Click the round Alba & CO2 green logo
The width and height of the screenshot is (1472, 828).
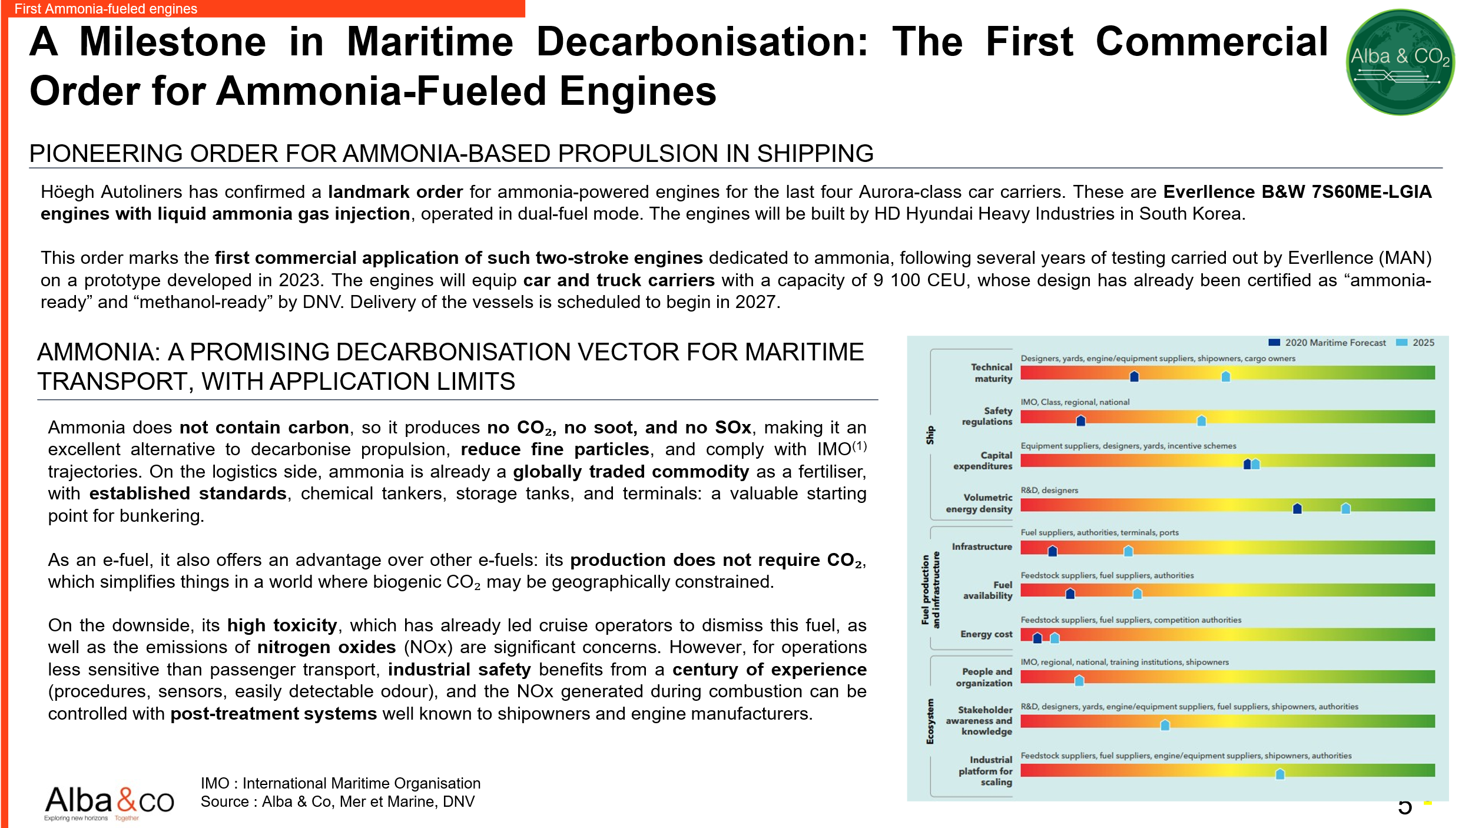pos(1400,62)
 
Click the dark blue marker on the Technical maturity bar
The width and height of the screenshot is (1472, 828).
pos(1134,376)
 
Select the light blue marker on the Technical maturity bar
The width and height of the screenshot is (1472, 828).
pos(1225,376)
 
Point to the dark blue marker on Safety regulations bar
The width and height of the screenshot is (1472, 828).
pos(1080,420)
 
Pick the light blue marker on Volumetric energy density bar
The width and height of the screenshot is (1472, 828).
pos(1345,508)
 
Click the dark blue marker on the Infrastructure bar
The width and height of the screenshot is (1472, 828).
pos(1052,551)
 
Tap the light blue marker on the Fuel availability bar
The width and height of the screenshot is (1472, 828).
pos(1137,593)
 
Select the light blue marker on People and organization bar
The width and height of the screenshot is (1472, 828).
pos(1079,680)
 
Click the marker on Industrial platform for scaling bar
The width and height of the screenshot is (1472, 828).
pos(1279,773)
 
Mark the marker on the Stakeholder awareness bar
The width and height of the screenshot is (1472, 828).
pos(1165,724)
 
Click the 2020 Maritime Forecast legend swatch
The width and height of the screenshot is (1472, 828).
pos(1274,342)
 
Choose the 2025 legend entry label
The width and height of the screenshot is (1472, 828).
pos(1423,343)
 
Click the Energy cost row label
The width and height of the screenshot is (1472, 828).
pos(986,634)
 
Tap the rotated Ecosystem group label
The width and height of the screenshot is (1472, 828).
pos(930,721)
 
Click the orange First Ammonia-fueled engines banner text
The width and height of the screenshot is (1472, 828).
pos(106,9)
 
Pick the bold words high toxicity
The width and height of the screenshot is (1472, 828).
pos(282,625)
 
